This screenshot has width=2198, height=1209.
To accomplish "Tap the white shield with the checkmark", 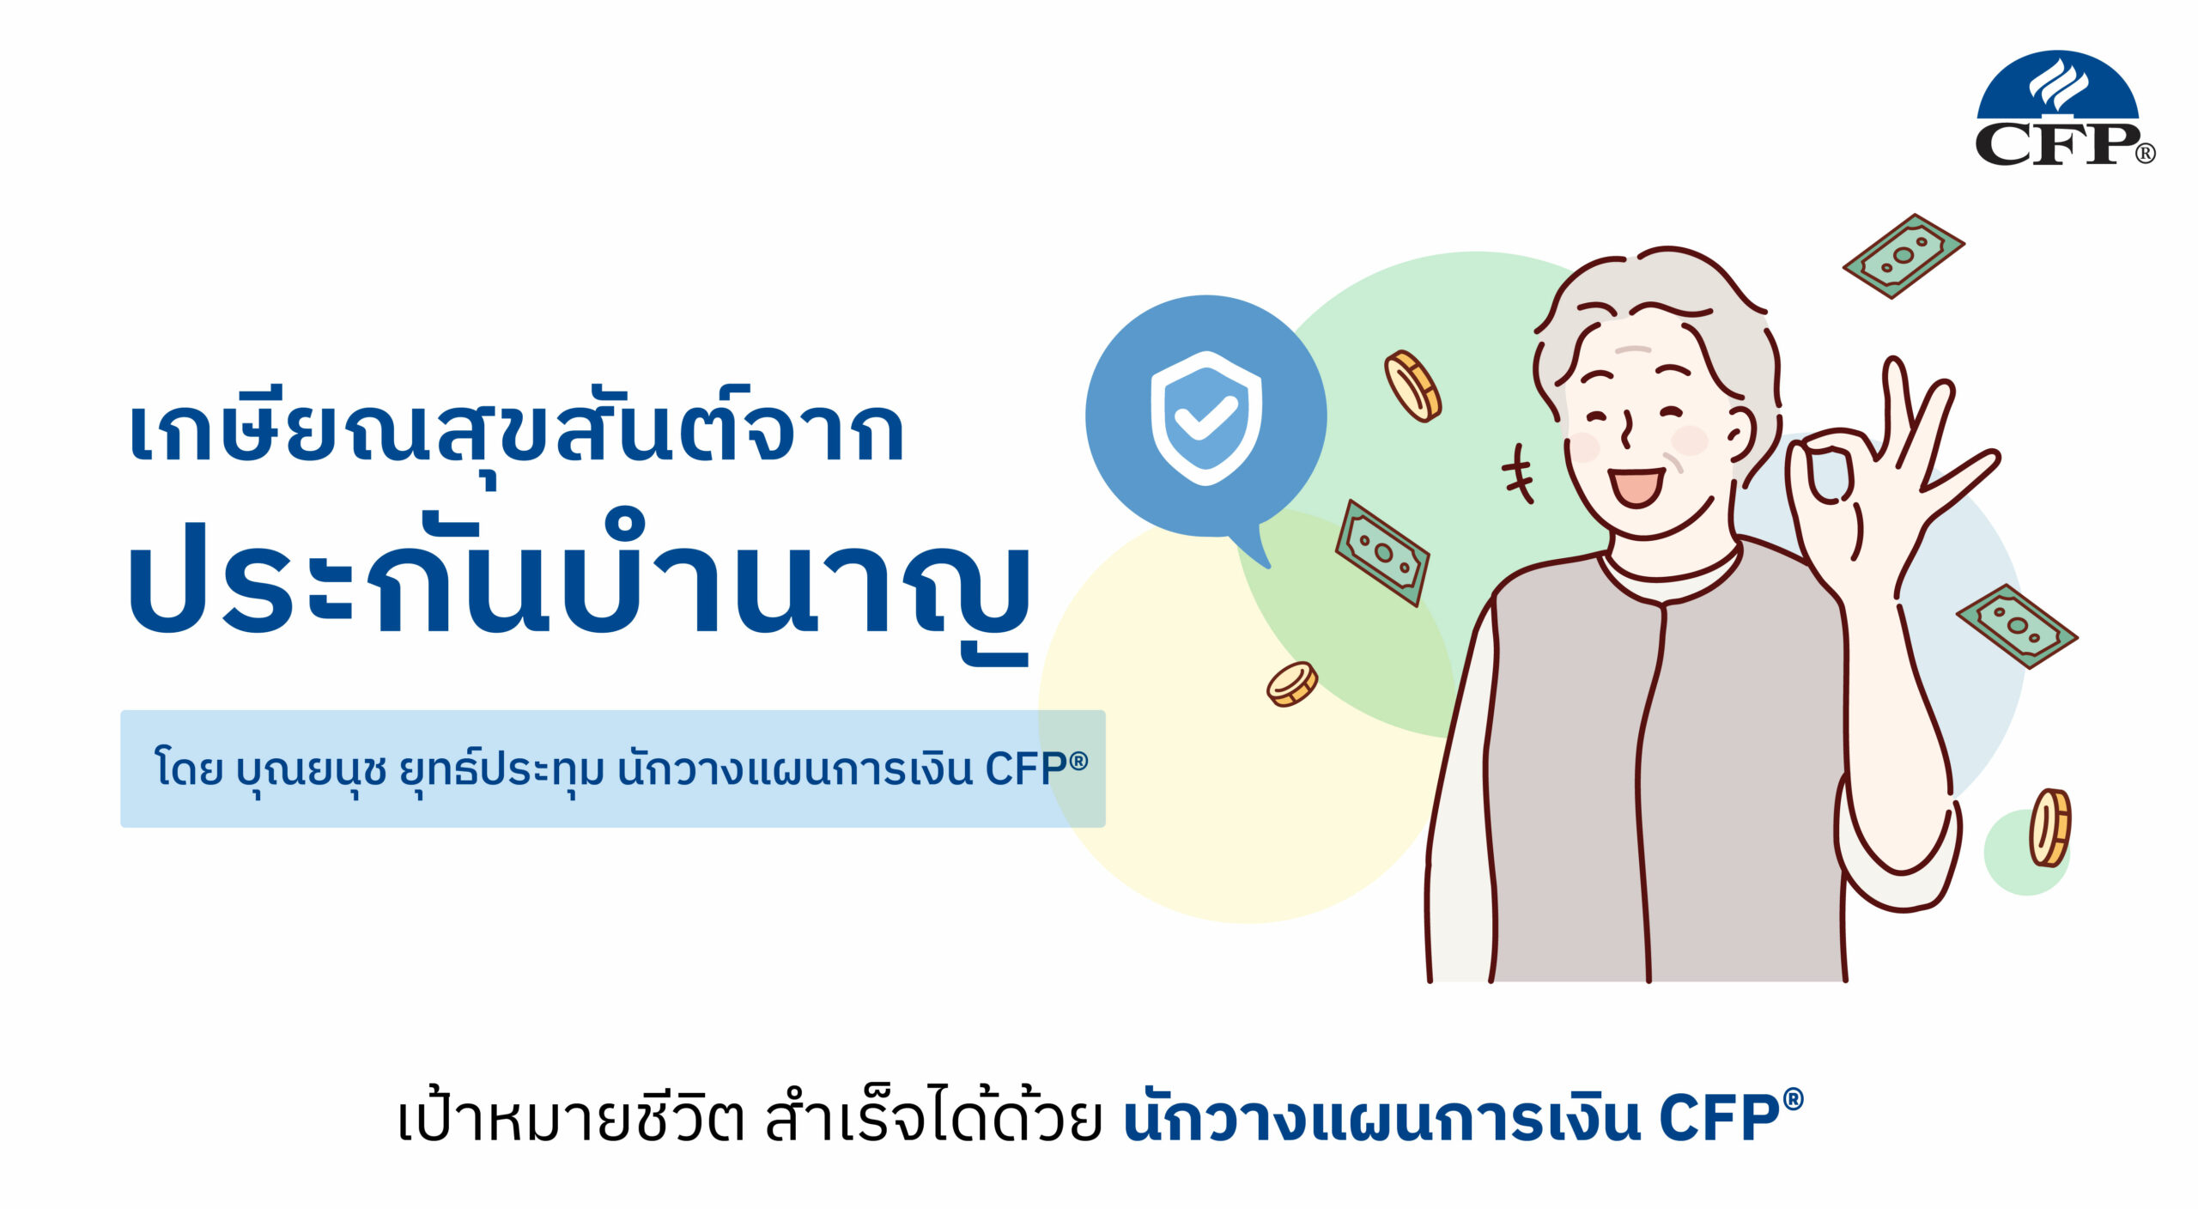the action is click(x=1206, y=417).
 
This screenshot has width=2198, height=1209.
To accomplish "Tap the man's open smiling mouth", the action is click(x=1636, y=487).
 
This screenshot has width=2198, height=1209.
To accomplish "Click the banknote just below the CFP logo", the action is click(x=1904, y=256).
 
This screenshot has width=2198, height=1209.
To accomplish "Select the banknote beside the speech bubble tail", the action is click(x=1382, y=552).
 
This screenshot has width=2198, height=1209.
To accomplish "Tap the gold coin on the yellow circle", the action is click(x=1292, y=683).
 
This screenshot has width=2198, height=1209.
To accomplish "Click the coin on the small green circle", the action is click(x=2049, y=827).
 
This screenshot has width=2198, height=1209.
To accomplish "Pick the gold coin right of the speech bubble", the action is click(x=1412, y=386).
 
